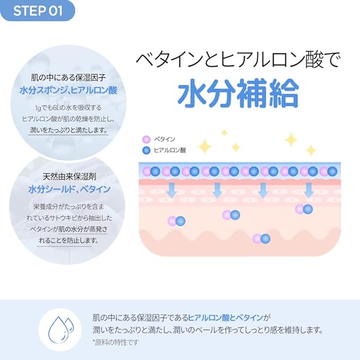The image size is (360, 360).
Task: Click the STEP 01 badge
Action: tap(38, 11)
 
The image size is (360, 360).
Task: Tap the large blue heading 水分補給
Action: tap(239, 93)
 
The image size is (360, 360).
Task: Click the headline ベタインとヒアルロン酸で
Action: tap(238, 60)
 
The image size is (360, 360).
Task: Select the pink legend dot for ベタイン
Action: tap(146, 139)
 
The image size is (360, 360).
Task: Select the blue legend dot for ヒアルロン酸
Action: tap(146, 151)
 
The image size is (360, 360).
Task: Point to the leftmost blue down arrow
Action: tap(171, 190)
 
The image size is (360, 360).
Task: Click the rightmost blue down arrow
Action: tap(309, 190)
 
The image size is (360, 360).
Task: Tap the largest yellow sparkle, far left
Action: tap(205, 147)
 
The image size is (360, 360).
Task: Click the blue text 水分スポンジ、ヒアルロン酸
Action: tap(68, 90)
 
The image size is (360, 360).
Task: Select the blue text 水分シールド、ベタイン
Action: tap(69, 189)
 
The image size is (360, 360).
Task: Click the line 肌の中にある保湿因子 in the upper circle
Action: tap(68, 78)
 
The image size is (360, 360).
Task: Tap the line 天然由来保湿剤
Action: tap(69, 177)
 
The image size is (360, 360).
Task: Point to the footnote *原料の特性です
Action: tap(116, 343)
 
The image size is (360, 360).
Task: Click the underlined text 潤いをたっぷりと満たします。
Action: tap(69, 130)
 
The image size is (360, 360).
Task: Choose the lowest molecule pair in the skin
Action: tap(261, 239)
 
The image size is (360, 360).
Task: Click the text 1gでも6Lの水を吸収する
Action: tap(68, 108)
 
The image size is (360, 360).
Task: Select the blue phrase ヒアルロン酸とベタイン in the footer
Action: tap(225, 318)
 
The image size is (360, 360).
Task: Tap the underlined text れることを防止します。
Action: tap(69, 240)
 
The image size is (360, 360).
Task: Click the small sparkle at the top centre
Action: tap(224, 133)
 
